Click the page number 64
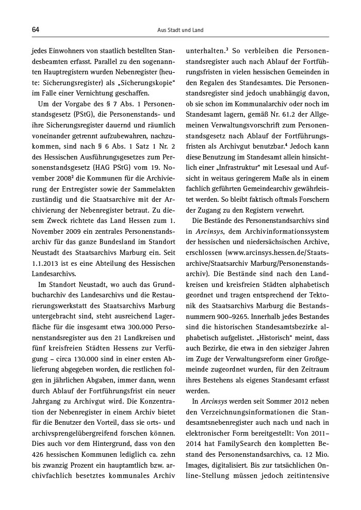coord(36,30)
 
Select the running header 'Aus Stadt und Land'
coord(180,30)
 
